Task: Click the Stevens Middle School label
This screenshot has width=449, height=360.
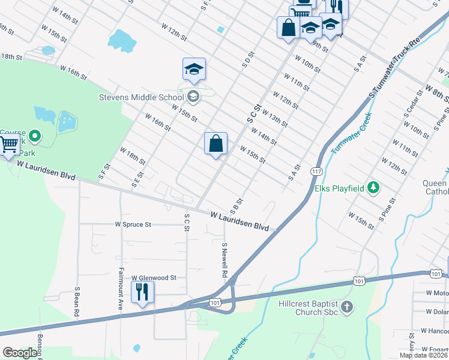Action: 142,97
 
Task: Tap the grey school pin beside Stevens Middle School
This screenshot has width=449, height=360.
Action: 193,96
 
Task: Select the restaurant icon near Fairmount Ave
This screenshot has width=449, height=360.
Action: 142,292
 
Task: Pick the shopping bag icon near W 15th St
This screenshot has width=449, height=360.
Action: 216,144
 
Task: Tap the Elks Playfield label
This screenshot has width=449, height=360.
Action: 340,188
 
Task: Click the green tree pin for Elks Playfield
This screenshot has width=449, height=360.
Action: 374,188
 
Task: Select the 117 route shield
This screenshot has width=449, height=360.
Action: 316,172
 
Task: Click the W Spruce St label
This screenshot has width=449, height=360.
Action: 133,224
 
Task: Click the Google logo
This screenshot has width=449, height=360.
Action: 20,353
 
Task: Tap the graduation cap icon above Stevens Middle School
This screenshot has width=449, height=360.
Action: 194,69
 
